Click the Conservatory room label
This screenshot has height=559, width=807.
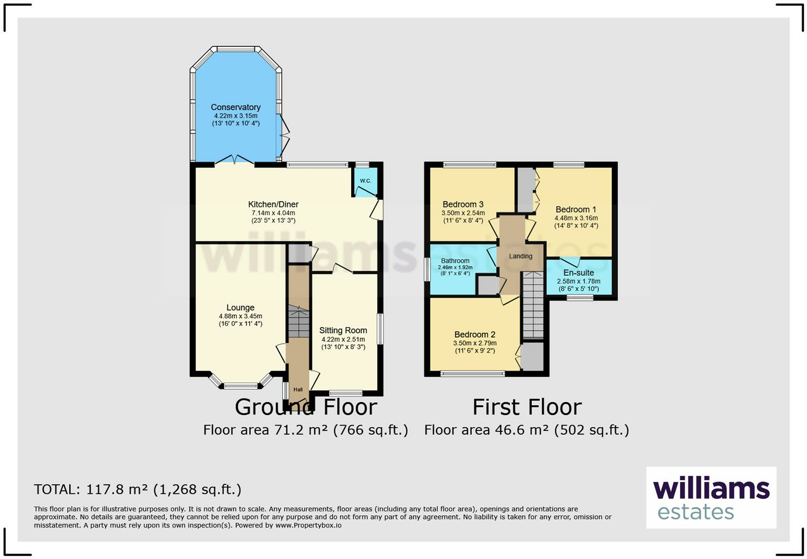pyautogui.click(x=235, y=107)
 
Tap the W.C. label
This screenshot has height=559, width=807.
pyautogui.click(x=365, y=181)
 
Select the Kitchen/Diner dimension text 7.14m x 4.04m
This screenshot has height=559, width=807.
pyautogui.click(x=273, y=213)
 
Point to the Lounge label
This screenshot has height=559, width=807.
pyautogui.click(x=240, y=307)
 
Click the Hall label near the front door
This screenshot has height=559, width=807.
pyautogui.click(x=298, y=389)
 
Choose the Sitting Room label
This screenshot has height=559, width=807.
pyautogui.click(x=343, y=330)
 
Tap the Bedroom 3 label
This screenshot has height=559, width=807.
pyautogui.click(x=463, y=204)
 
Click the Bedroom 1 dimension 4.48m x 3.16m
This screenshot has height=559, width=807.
pyautogui.click(x=576, y=218)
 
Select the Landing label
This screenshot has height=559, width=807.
pyautogui.click(x=520, y=256)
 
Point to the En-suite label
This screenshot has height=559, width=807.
pyautogui.click(x=579, y=273)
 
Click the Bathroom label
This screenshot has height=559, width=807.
pyautogui.click(x=455, y=261)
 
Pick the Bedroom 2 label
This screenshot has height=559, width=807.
pyautogui.click(x=475, y=334)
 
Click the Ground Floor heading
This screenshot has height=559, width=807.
pyautogui.click(x=306, y=407)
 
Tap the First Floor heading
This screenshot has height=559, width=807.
pyautogui.click(x=527, y=407)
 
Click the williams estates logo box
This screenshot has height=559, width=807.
pyautogui.click(x=711, y=498)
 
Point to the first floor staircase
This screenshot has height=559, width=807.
pyautogui.click(x=533, y=305)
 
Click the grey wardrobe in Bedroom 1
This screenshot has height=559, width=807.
pyautogui.click(x=526, y=190)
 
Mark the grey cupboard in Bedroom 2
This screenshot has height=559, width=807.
pyautogui.click(x=532, y=357)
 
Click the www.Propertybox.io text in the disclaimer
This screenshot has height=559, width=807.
pyautogui.click(x=308, y=525)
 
